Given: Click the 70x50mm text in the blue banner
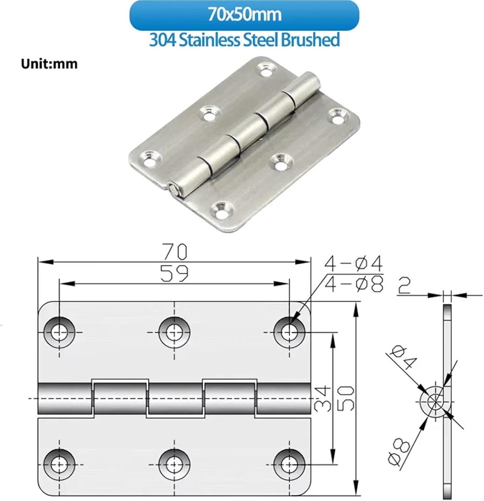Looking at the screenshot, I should pyautogui.click(x=244, y=15).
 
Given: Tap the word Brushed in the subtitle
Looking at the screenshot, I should pyautogui.click(x=310, y=40).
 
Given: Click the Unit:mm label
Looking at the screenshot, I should pyautogui.click(x=49, y=63).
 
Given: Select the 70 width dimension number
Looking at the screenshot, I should pyautogui.click(x=175, y=252).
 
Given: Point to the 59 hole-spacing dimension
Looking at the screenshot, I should pyautogui.click(x=174, y=274).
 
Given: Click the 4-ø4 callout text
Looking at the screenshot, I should pyautogui.click(x=353, y=264).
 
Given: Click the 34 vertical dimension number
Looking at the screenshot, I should pyautogui.click(x=323, y=398).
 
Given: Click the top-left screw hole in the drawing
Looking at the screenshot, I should pyautogui.click(x=59, y=333).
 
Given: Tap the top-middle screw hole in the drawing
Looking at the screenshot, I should pyautogui.click(x=174, y=333).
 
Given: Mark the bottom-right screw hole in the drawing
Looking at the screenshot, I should pyautogui.click(x=289, y=465).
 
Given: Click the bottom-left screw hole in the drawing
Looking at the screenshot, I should pyautogui.click(x=59, y=465).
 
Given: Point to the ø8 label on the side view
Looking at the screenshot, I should pyautogui.click(x=399, y=452).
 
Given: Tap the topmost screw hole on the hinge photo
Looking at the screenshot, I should pyautogui.click(x=267, y=71).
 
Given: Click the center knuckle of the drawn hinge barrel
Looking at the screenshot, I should pyautogui.click(x=175, y=397).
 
